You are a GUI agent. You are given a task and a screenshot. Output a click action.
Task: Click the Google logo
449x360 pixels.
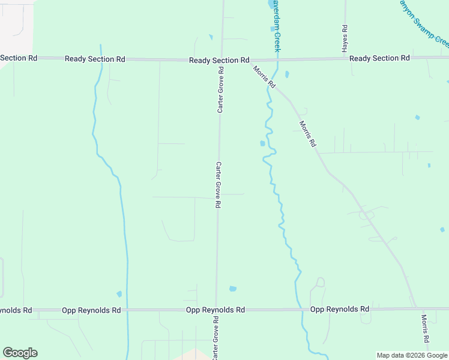tap(20, 353)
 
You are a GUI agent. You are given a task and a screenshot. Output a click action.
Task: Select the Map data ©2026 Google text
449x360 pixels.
tap(412, 355)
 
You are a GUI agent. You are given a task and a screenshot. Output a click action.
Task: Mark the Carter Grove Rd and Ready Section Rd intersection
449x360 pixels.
tap(221, 60)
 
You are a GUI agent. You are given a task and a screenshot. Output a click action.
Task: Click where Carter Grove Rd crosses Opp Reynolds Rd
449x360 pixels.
tap(216, 310)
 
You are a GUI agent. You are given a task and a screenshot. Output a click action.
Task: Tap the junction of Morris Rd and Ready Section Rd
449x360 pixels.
tap(253, 60)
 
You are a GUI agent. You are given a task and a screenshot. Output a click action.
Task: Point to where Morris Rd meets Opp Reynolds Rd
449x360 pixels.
tap(416, 309)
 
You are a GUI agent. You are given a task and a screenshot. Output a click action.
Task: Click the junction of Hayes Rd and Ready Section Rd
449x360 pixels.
tap(345, 59)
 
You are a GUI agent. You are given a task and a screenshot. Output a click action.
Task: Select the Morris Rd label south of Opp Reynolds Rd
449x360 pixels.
tap(425, 329)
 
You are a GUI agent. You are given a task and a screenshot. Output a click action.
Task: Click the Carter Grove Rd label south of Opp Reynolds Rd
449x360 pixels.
tap(215, 341)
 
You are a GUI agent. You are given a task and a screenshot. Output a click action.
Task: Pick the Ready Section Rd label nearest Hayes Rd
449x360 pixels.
tap(379, 58)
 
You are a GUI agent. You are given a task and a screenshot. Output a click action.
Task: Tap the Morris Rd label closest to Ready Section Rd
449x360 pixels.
tap(264, 77)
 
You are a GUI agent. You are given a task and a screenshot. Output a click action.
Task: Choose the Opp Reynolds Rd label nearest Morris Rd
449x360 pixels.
tap(339, 309)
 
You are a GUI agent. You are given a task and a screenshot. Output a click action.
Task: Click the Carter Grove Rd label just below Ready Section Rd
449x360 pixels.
tap(220, 90)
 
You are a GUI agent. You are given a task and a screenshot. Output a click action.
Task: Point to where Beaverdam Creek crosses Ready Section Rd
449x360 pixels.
tap(277, 59)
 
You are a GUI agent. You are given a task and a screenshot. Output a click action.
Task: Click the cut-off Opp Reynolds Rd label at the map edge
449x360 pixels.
tap(16, 310)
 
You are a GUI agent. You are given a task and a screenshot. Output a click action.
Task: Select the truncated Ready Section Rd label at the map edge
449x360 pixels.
tap(19, 58)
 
